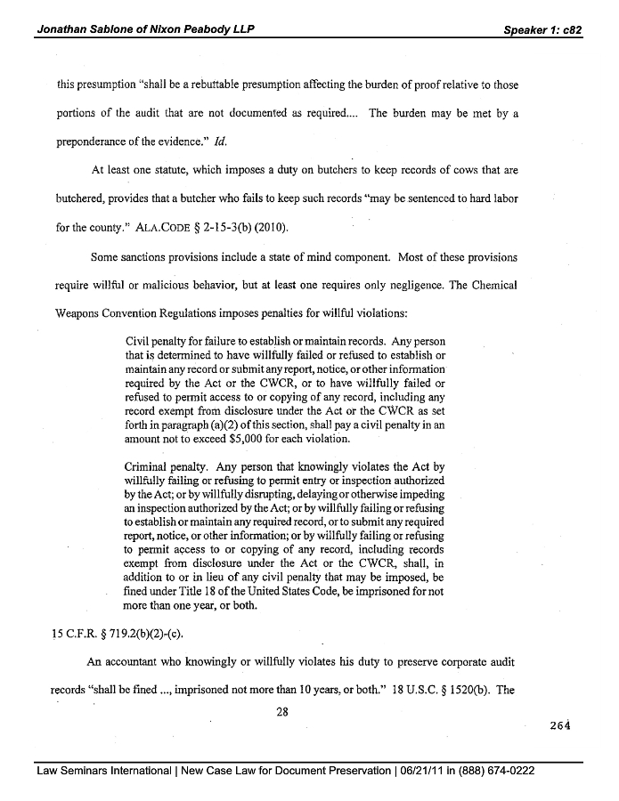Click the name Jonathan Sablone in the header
(86, 28)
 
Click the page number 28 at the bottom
(283, 710)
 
